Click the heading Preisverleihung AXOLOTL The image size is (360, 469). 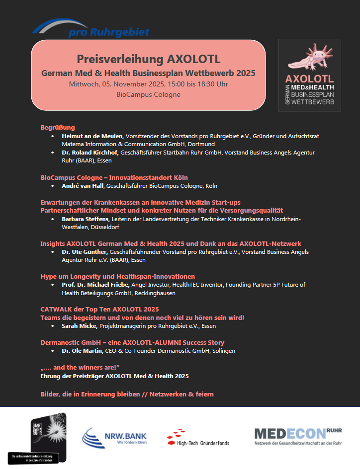click(149, 59)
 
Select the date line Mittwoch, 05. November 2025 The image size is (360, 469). click(149, 84)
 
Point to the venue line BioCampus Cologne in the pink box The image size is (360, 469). click(148, 94)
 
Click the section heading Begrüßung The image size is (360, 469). click(58, 127)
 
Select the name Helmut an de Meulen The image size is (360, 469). click(93, 136)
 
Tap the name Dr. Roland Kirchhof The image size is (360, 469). click(90, 153)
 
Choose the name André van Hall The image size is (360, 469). click(83, 186)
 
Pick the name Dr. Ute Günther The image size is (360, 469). click(85, 252)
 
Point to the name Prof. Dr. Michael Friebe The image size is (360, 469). click(96, 285)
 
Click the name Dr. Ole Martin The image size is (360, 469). click(82, 351)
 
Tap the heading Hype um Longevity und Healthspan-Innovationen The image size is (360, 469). click(117, 276)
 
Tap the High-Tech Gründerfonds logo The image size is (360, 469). click(198, 438)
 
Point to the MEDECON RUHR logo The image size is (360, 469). click(298, 436)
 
